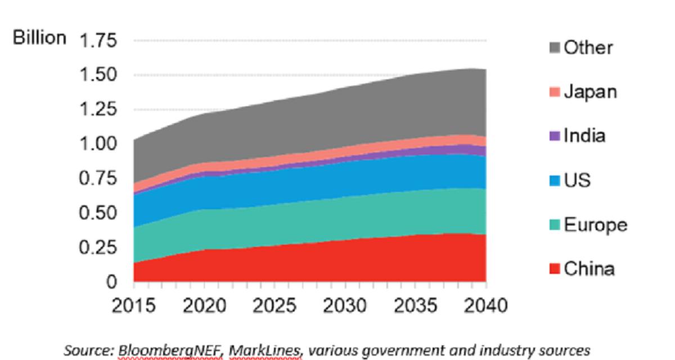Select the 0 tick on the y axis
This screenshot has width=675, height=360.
tap(113, 282)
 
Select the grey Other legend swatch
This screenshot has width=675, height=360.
tap(555, 48)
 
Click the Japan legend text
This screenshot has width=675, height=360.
tap(590, 92)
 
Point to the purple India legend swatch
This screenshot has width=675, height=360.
tap(555, 136)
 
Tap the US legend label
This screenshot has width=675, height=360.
tap(578, 181)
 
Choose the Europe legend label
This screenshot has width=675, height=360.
tap(595, 225)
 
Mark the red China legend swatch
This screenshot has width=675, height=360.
tap(555, 269)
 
